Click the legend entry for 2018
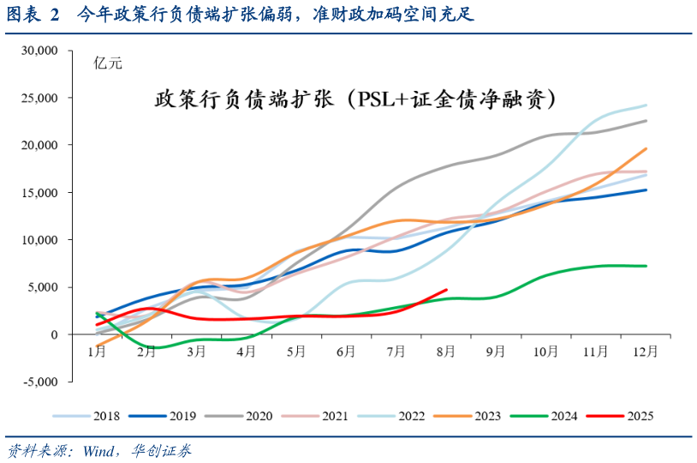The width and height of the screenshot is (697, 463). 93,416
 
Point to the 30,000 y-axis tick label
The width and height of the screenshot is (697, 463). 39,51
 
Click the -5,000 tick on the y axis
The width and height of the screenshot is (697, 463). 39,382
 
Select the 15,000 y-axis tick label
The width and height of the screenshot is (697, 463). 39,193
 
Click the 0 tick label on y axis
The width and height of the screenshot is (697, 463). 52,334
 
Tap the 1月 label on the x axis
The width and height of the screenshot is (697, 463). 97,352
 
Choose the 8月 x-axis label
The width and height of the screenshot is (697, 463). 447,352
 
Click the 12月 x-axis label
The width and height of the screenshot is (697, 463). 646,352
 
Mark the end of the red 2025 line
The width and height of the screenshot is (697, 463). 446,290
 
